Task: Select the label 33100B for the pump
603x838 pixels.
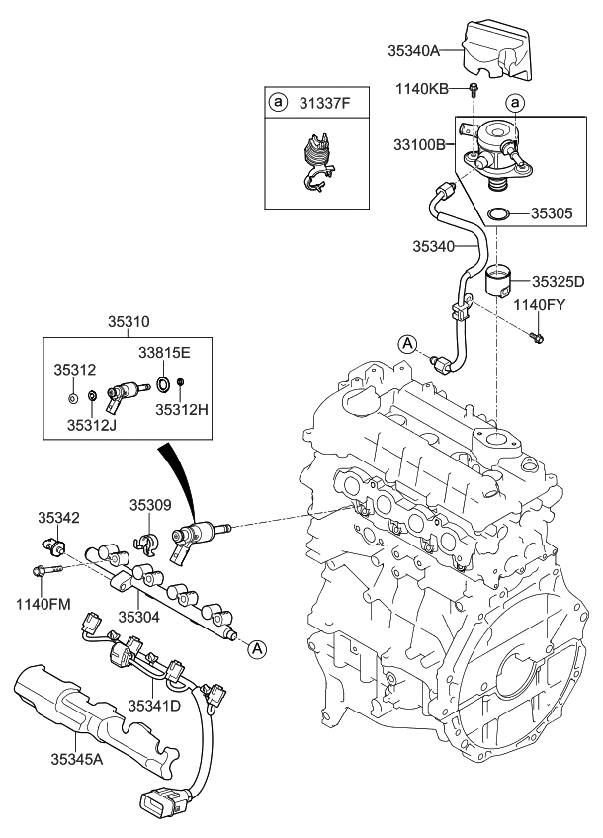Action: (419, 144)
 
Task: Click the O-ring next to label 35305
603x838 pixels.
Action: (500, 212)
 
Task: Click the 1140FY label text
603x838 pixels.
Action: (539, 305)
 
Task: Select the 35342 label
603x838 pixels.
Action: (59, 517)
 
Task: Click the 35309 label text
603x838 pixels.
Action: (150, 504)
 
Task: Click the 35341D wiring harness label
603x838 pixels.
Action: (154, 705)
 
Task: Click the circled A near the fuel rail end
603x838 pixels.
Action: (256, 648)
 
